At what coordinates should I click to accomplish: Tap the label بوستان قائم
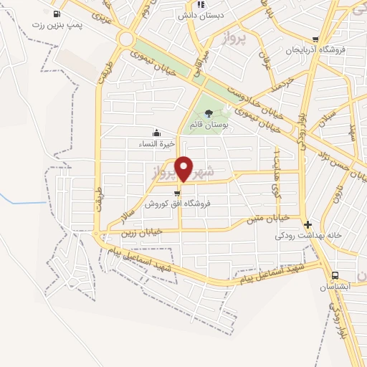(x=209, y=125)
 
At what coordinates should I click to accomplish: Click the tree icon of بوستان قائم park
(x=209, y=113)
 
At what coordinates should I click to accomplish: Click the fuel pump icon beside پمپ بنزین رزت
(x=57, y=14)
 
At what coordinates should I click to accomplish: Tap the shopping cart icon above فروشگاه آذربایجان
(x=315, y=39)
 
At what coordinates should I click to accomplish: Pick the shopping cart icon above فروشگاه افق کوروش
(x=177, y=193)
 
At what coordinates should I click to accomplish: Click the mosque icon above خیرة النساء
(x=156, y=133)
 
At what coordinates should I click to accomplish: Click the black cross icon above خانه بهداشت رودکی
(x=307, y=224)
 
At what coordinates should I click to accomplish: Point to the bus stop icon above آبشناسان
(x=335, y=275)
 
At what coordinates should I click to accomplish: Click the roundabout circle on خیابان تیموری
(x=128, y=39)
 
